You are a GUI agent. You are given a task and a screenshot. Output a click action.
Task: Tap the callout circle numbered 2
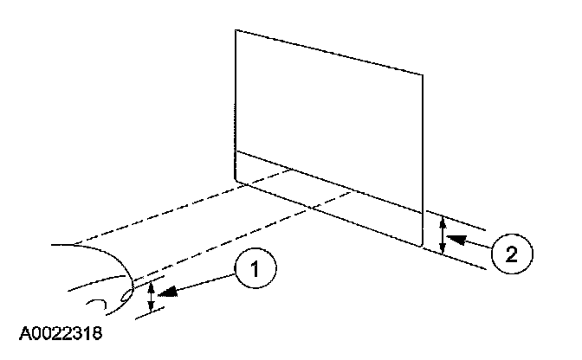pyautogui.click(x=510, y=253)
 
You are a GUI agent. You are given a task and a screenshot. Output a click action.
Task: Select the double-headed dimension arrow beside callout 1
pyautogui.click(x=152, y=297)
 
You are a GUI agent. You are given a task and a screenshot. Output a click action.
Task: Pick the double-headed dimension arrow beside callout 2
pyautogui.click(x=443, y=235)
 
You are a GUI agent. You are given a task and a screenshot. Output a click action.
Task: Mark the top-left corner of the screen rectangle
pyautogui.click(x=236, y=31)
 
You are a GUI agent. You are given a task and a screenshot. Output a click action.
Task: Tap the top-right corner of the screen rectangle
pyautogui.click(x=424, y=74)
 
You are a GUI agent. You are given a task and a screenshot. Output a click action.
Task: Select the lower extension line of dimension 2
pyautogui.click(x=459, y=259)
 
